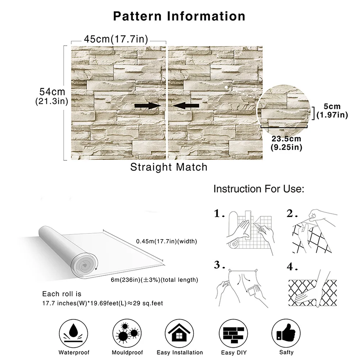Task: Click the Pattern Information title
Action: click(x=179, y=16)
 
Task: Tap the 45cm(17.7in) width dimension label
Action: click(x=116, y=39)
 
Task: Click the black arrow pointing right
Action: click(x=147, y=105)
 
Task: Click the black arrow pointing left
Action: click(x=186, y=105)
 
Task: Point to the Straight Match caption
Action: click(x=169, y=167)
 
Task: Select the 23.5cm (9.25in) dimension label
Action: click(x=286, y=142)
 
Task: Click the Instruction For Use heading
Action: click(x=259, y=189)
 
